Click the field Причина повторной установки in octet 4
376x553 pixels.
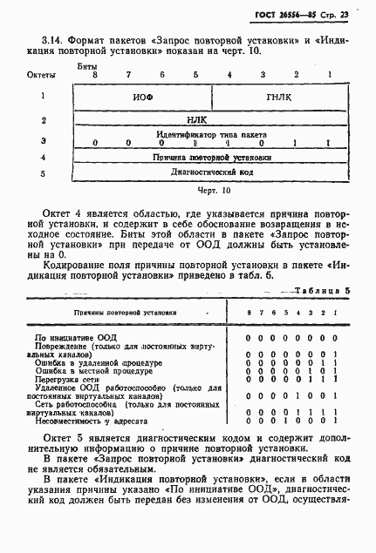click(212, 158)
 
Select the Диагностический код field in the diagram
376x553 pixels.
click(212, 173)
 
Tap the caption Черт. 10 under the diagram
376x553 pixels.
click(212, 189)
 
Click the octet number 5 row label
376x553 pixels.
click(43, 173)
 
